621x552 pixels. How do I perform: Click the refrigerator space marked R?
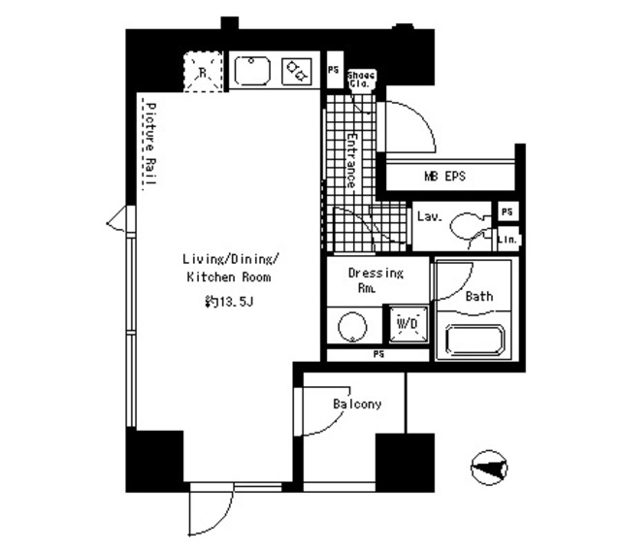(203, 72)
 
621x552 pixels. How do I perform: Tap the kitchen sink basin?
(252, 71)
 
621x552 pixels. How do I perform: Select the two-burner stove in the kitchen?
(296, 71)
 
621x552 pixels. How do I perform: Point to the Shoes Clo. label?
(361, 80)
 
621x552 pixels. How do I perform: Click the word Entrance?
(351, 160)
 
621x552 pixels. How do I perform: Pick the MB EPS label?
(444, 176)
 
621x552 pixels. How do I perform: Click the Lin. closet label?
(507, 240)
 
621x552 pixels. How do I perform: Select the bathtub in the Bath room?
(474, 340)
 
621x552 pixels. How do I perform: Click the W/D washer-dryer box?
(408, 324)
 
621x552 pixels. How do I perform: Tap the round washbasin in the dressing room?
(352, 327)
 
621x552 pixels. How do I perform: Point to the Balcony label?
(357, 404)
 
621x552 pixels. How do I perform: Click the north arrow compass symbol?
(489, 468)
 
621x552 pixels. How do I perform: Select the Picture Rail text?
(150, 144)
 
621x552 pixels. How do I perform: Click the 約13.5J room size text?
(229, 302)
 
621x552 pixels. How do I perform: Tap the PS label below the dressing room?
(378, 354)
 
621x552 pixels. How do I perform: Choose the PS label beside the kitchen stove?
(334, 70)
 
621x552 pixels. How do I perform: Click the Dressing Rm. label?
(376, 280)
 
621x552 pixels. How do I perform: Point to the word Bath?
(479, 296)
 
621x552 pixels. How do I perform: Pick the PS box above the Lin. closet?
(507, 211)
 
